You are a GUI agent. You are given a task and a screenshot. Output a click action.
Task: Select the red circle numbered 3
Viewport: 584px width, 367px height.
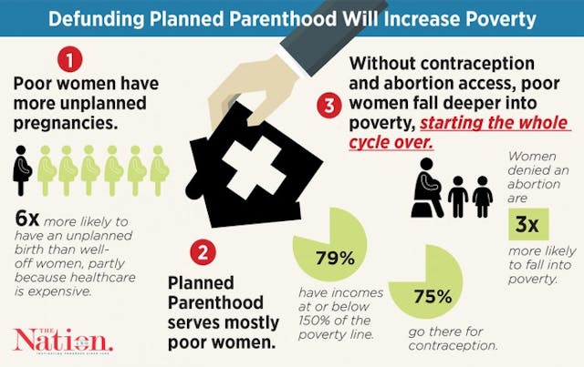pos(329,104)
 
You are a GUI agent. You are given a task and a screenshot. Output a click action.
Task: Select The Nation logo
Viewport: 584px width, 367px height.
pos(61,339)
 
